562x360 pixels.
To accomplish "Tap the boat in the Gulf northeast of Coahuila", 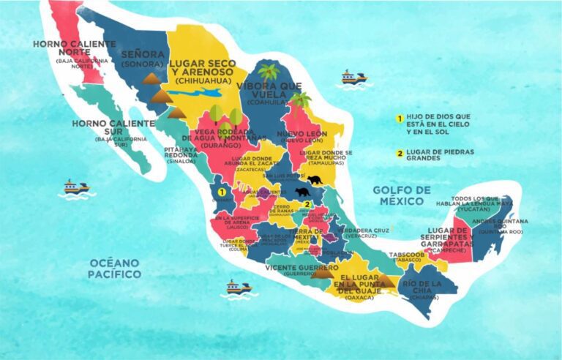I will pyautogui.click(x=353, y=77).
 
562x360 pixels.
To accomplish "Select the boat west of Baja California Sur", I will pyautogui.click(x=75, y=187).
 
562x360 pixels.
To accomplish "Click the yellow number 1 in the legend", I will pyautogui.click(x=400, y=118).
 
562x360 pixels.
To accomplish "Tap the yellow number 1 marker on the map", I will pyautogui.click(x=222, y=192).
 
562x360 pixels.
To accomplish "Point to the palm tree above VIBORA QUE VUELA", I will pyautogui.click(x=269, y=71).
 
